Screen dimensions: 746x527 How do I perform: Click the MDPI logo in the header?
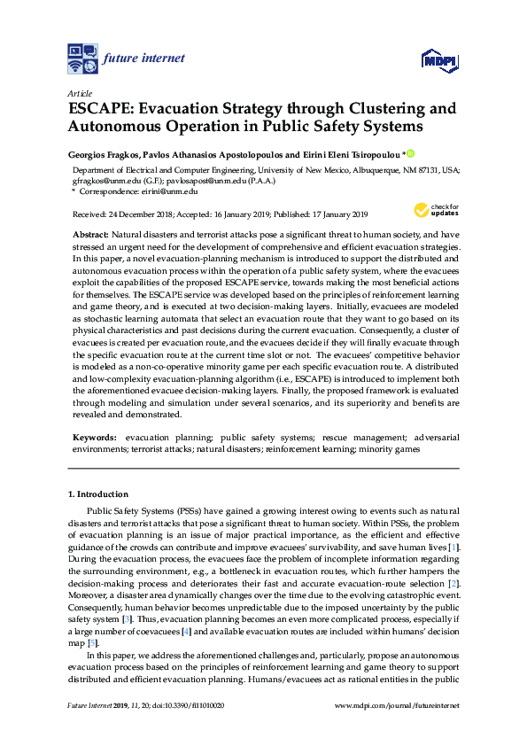click(x=438, y=59)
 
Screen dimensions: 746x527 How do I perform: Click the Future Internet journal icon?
click(x=82, y=58)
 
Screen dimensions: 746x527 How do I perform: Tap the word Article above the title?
click(x=80, y=93)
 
